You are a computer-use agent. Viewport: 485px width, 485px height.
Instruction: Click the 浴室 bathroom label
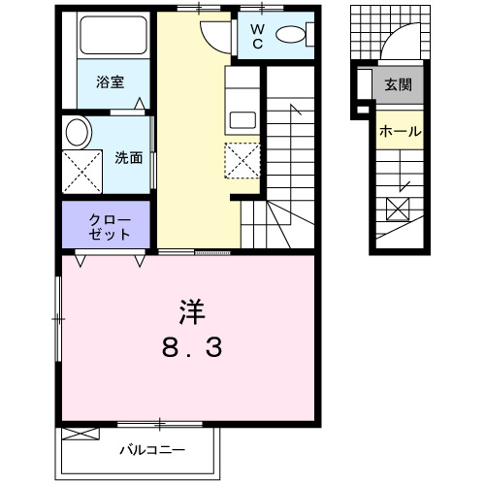coord(109,83)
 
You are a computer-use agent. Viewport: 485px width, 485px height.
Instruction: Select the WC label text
coord(259,36)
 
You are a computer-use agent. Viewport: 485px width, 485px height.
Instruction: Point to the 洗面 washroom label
coord(129,157)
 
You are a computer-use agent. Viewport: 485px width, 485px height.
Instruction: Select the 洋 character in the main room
coord(189,312)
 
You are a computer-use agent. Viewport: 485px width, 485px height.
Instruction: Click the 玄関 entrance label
coord(397,85)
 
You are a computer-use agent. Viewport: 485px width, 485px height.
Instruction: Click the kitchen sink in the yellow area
coord(242,119)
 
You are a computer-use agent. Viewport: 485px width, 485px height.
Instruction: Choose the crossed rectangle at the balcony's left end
coord(81,434)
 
